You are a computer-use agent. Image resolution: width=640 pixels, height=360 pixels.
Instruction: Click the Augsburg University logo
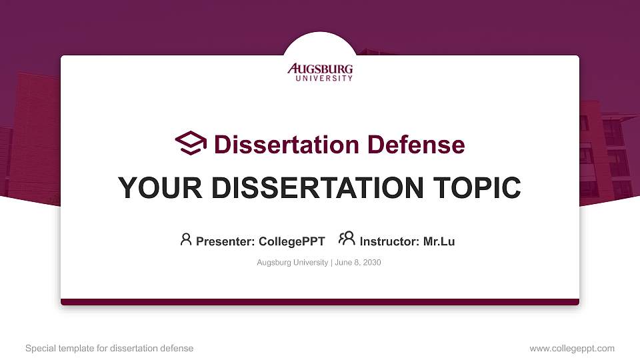coord(320,71)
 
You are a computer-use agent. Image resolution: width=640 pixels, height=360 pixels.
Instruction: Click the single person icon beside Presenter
coord(186,239)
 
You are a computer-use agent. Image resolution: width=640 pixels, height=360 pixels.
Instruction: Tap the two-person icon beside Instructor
coord(347,239)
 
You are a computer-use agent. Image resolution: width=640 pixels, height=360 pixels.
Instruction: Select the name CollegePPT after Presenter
coord(291,241)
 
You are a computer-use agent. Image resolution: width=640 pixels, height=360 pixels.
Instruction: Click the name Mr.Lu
coord(439,241)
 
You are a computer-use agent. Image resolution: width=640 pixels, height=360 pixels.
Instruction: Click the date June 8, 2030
coord(357,263)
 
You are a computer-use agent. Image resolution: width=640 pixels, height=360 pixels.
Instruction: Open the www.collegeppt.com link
coord(572,348)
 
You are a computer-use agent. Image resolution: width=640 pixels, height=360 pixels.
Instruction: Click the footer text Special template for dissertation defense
coord(109,348)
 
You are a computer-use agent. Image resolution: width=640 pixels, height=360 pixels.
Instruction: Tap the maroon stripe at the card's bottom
coord(320,302)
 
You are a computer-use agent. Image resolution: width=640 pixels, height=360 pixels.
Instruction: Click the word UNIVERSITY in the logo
coord(324,78)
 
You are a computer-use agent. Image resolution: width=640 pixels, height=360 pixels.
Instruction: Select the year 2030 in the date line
coord(372,263)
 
